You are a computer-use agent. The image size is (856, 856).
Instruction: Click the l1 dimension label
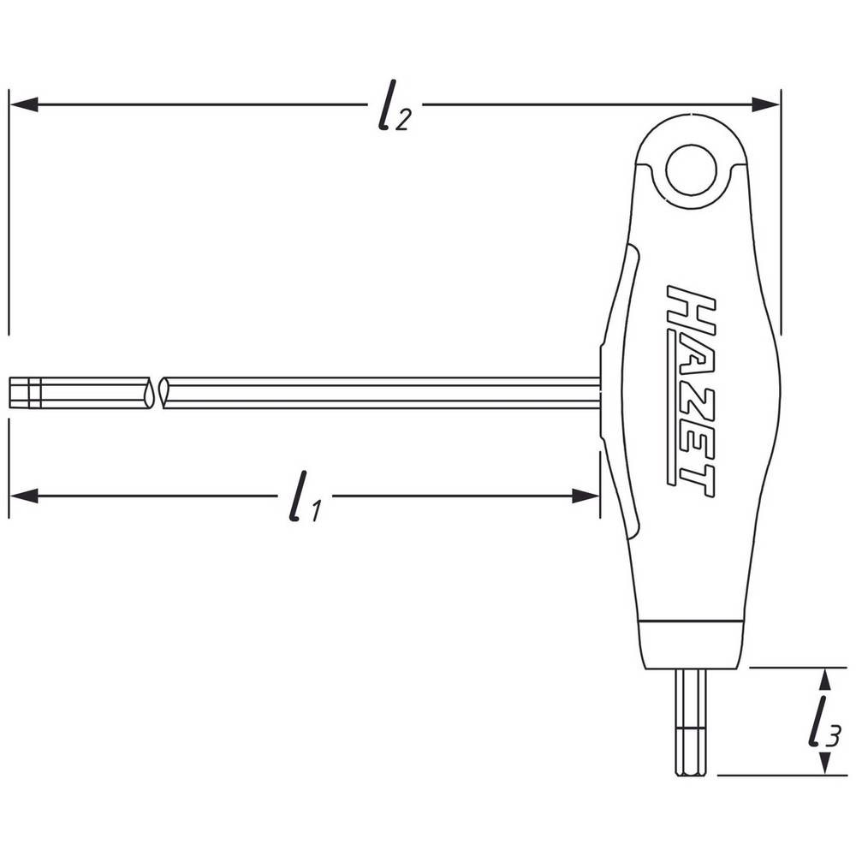click(x=306, y=496)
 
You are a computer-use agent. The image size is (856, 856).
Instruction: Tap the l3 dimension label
click(x=823, y=722)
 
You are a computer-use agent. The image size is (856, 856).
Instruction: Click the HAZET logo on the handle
click(x=690, y=391)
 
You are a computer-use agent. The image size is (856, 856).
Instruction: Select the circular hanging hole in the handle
click(x=691, y=169)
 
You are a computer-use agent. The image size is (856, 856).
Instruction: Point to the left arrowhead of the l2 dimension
click(x=23, y=104)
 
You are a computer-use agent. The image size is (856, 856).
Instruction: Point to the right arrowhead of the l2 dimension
click(x=765, y=104)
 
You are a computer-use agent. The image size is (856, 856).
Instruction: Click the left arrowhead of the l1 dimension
click(x=23, y=496)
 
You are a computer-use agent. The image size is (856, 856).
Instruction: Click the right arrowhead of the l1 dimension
click(x=586, y=496)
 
